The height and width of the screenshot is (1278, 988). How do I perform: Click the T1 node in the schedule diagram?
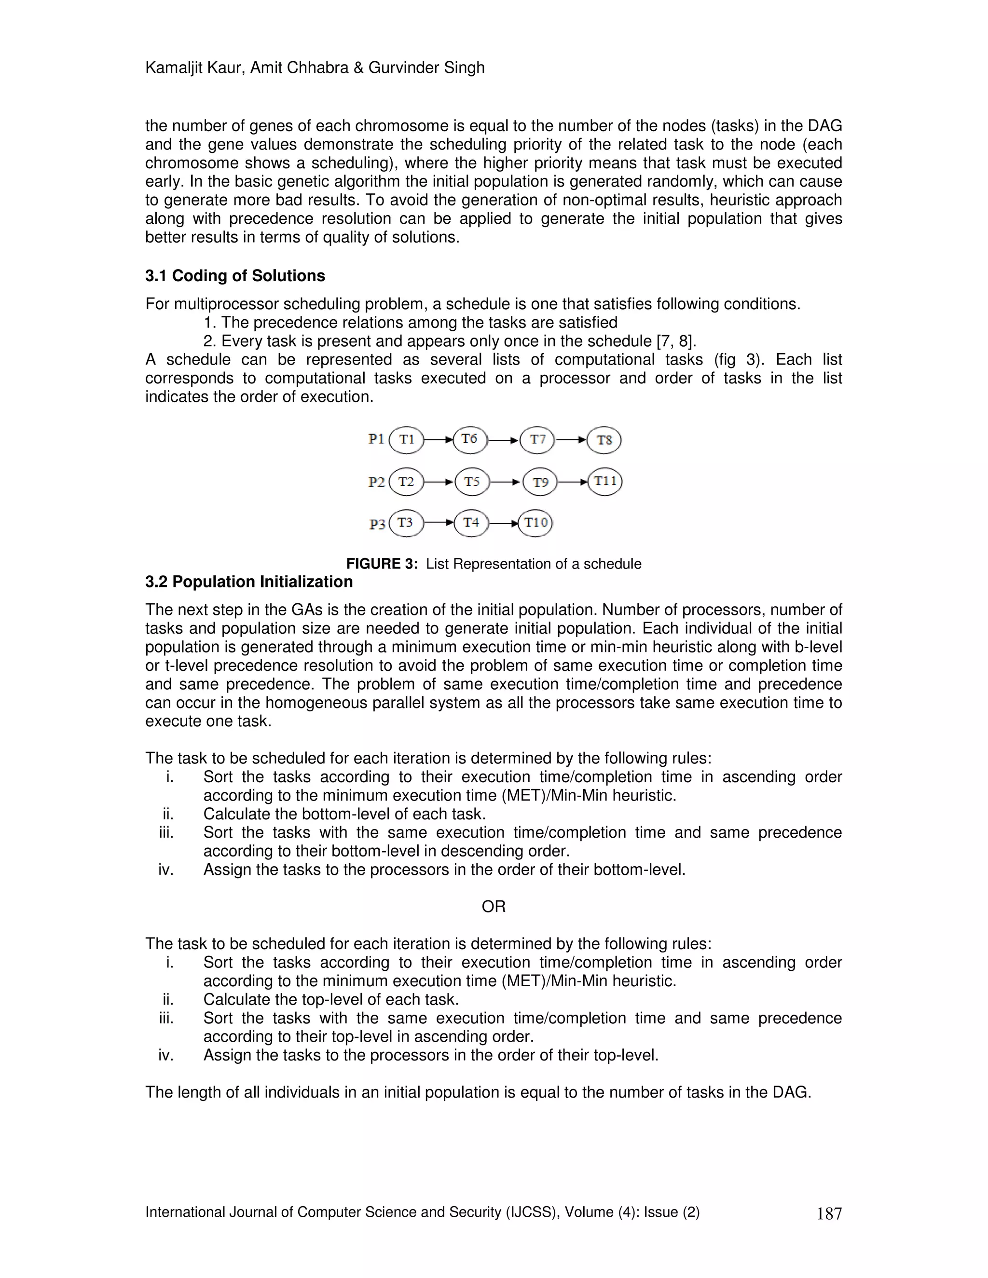406,439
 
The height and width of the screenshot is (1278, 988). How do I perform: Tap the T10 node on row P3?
535,523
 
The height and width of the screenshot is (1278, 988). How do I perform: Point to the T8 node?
604,440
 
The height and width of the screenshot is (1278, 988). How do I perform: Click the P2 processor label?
376,482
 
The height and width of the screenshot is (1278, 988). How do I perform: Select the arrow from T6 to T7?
503,440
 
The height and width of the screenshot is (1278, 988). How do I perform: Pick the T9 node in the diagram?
540,482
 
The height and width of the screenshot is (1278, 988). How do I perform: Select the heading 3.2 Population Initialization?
249,582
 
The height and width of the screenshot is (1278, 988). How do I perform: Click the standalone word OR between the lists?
494,907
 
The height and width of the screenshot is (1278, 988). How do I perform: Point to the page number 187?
829,1214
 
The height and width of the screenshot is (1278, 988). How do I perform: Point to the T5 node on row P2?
471,482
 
